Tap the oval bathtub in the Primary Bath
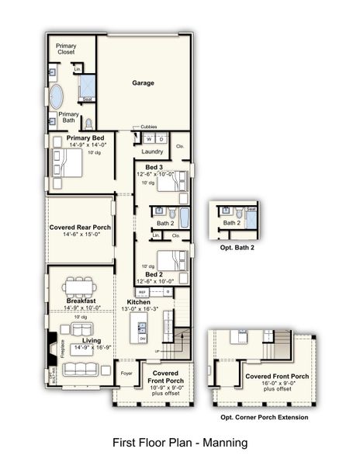58,97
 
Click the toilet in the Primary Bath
88,123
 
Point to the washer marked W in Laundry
148,139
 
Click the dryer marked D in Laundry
161,139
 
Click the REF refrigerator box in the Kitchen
142,292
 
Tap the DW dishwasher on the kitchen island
143,339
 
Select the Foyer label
126,372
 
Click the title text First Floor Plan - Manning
180,443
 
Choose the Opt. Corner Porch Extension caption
264,417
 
